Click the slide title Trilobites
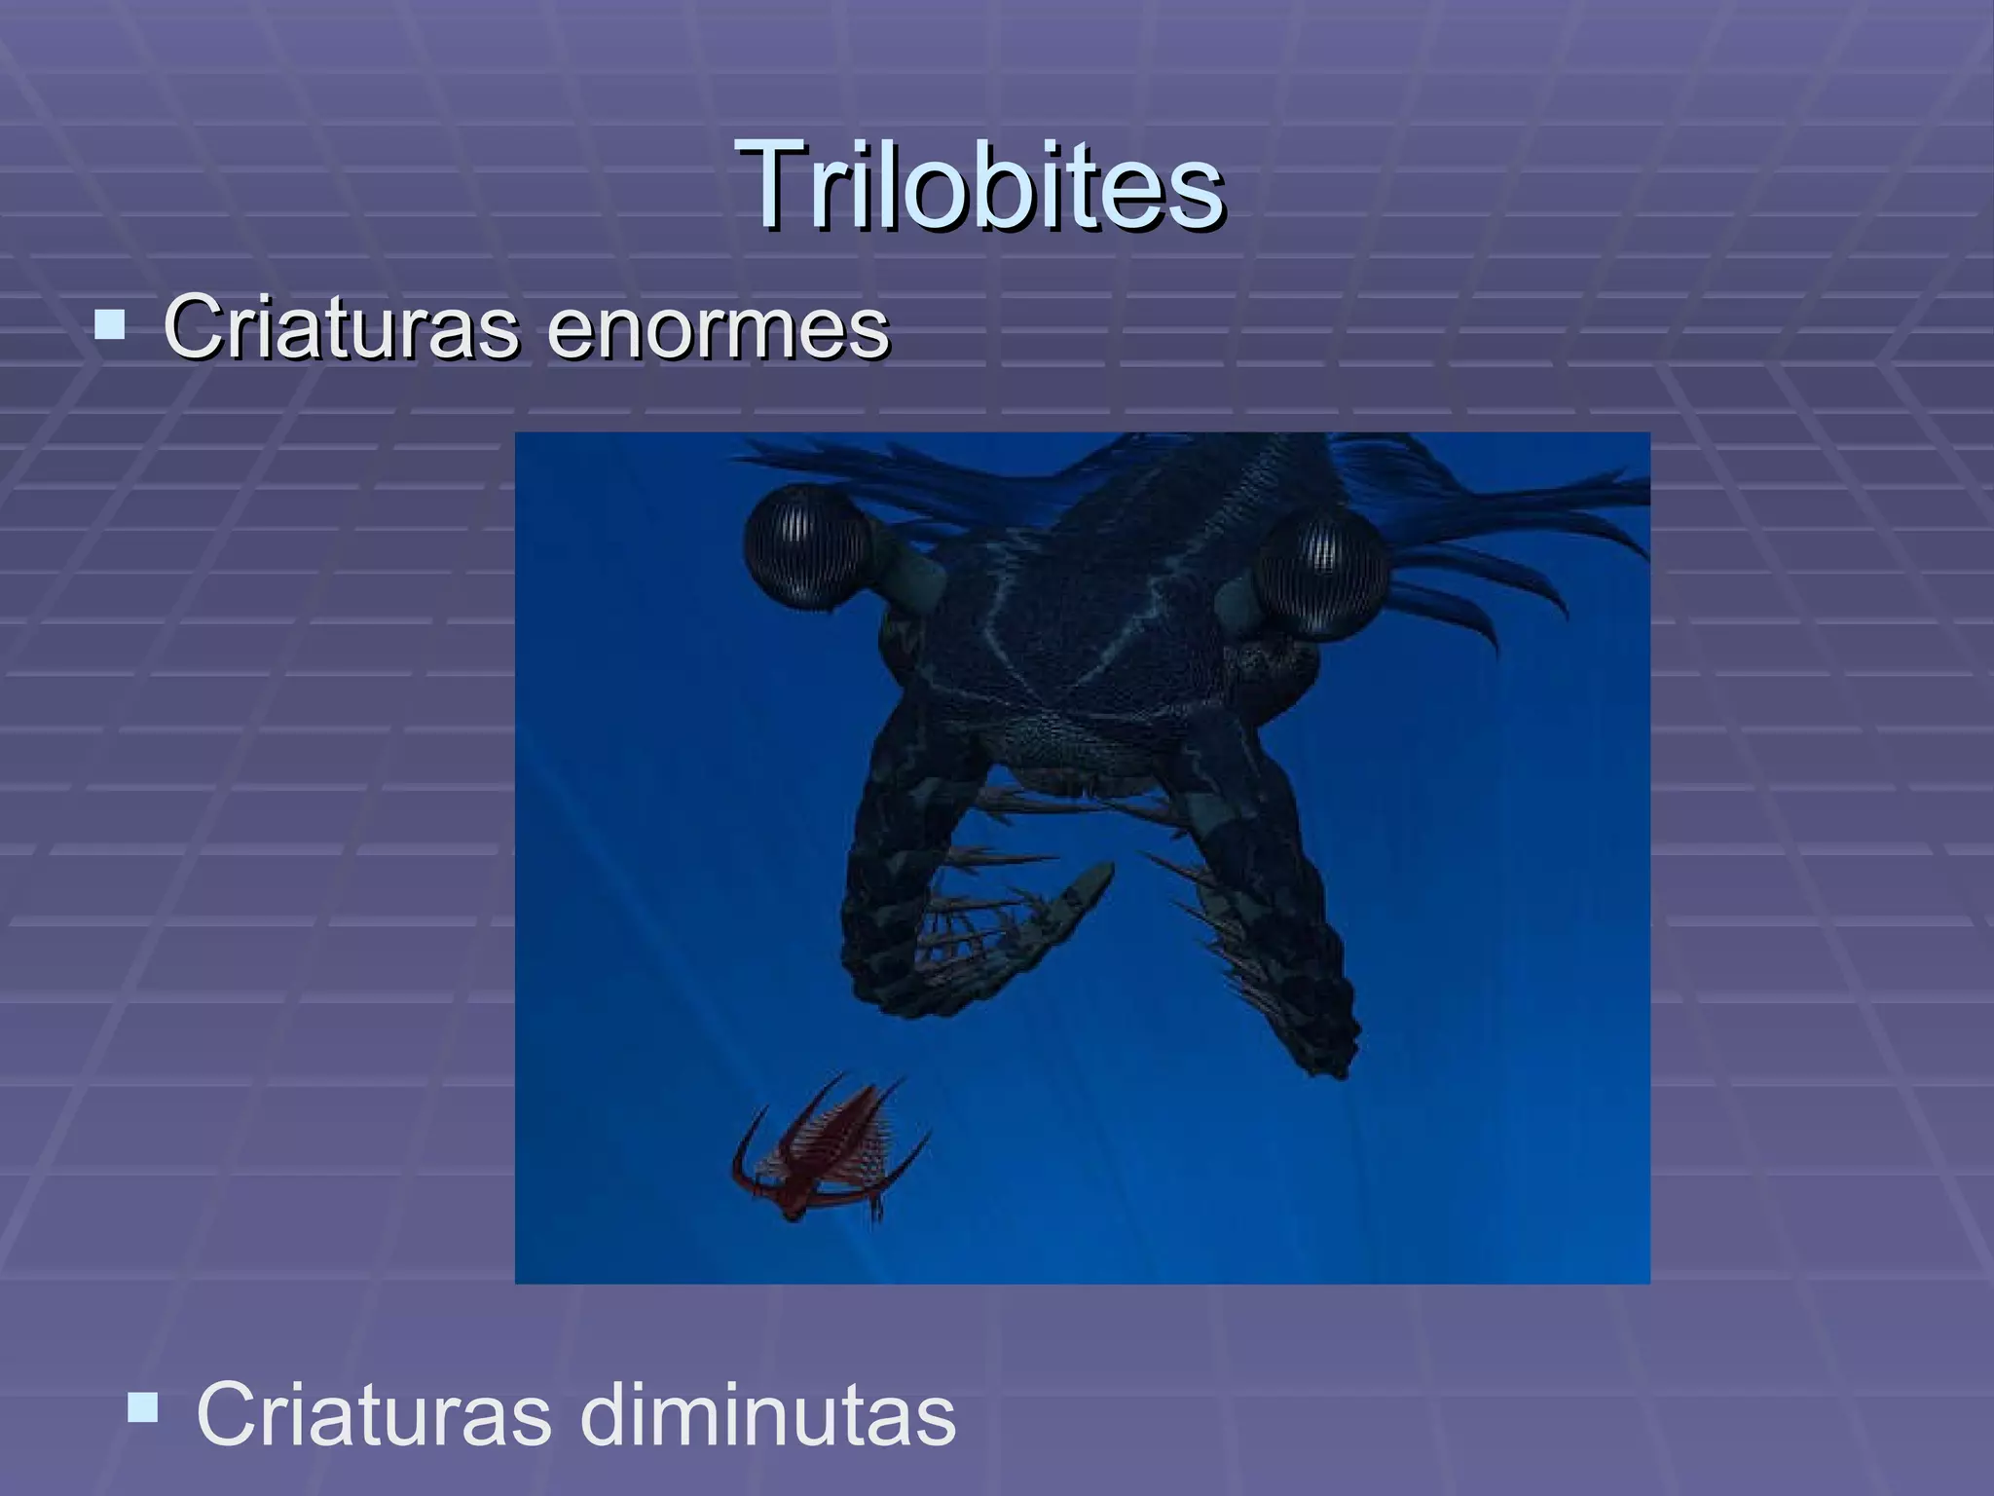(980, 184)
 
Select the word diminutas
(768, 1414)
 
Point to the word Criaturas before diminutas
(373, 1414)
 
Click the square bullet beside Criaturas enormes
(110, 324)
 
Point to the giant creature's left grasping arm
(905, 877)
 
